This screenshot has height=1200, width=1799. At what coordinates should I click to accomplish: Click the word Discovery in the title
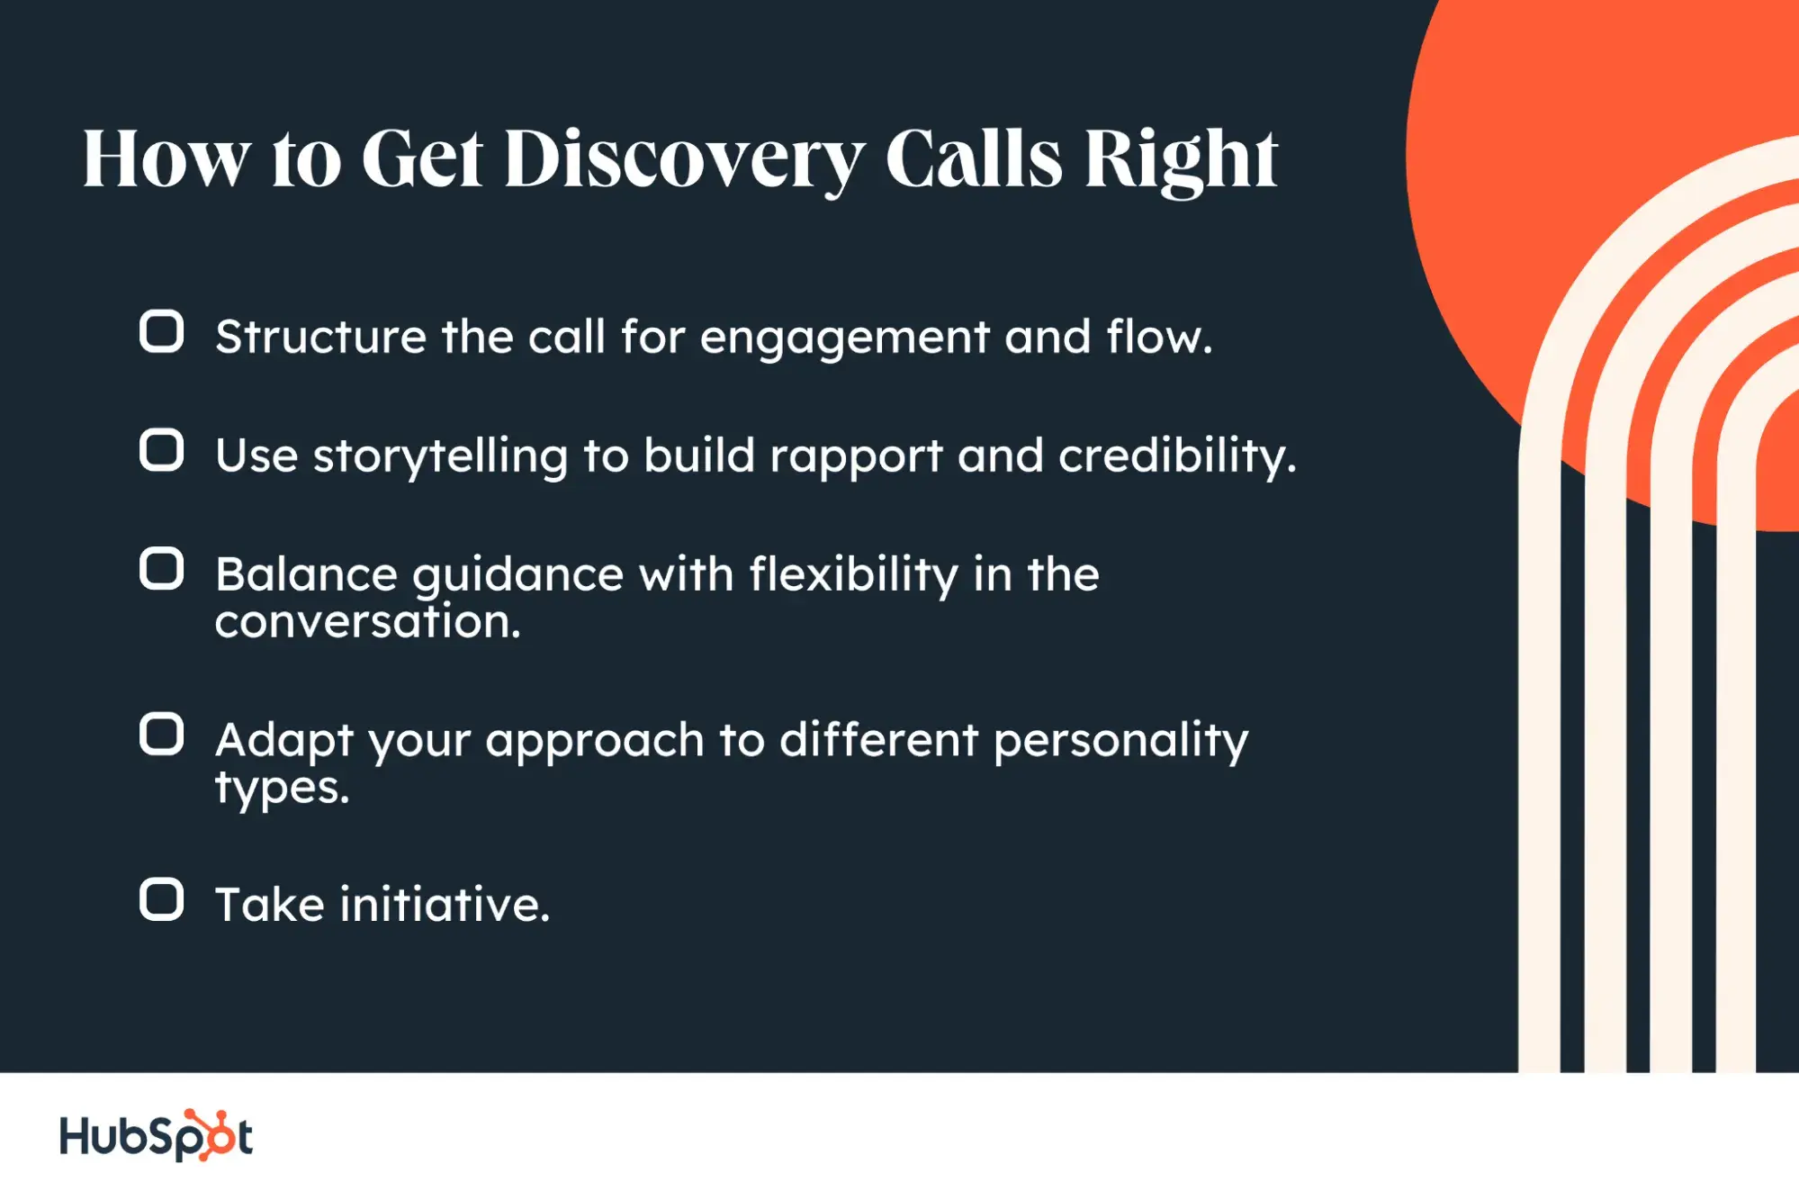tap(684, 159)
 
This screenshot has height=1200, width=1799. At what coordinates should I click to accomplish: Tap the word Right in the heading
tap(1180, 159)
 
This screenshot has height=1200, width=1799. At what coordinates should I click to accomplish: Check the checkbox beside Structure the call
tap(162, 332)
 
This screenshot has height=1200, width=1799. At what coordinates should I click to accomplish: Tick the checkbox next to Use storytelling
tap(162, 450)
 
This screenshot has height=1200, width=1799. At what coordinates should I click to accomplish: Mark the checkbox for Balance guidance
tap(162, 569)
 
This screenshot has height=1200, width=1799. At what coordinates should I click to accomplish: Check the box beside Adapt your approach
tap(162, 735)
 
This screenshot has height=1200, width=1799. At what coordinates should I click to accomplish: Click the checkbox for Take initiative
tap(162, 899)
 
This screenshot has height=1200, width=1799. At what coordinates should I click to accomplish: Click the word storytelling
tap(440, 456)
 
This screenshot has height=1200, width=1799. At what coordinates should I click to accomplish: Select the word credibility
tap(1176, 456)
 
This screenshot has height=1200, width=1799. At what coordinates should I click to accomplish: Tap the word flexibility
tap(853, 575)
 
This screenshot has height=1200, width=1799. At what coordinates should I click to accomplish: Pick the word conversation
tap(367, 622)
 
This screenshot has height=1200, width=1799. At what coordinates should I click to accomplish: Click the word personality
tap(1120, 742)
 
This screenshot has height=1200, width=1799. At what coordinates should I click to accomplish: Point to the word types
tap(282, 789)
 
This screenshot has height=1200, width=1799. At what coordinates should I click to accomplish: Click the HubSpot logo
tap(156, 1135)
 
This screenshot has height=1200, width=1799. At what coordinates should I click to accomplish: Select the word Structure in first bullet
tap(321, 338)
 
